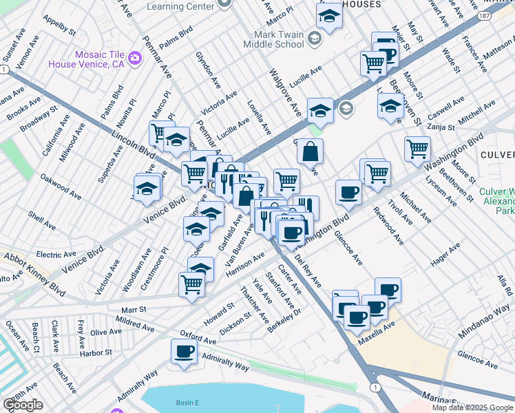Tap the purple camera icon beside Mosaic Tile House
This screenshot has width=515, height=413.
(x=135, y=57)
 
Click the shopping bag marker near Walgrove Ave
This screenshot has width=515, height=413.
(x=311, y=151)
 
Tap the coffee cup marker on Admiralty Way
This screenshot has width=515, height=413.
(x=184, y=352)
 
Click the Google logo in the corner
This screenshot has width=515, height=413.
(x=23, y=405)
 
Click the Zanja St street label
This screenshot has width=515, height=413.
(x=441, y=127)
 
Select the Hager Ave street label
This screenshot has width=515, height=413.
(x=445, y=257)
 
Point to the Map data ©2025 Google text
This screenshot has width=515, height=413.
(x=472, y=407)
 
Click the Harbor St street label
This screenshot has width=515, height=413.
(x=95, y=352)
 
